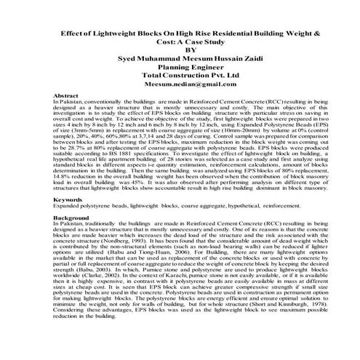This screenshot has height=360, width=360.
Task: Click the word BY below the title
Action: tap(180, 49)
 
